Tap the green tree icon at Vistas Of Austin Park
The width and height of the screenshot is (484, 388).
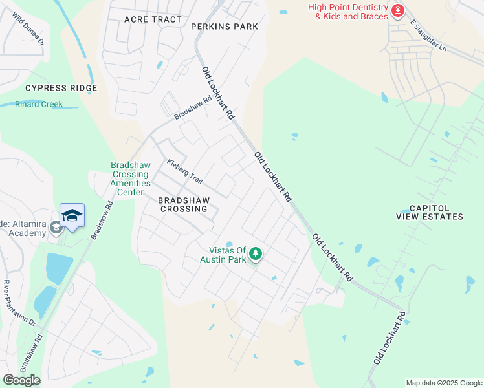pyautogui.click(x=256, y=253)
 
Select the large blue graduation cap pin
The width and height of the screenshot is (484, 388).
pyautogui.click(x=72, y=217)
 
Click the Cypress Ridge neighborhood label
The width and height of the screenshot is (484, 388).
pyautogui.click(x=61, y=88)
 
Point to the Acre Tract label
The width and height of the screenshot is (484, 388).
pyautogui.click(x=153, y=19)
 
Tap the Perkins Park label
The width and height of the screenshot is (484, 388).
pyautogui.click(x=225, y=27)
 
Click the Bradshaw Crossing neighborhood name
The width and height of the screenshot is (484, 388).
pyautogui.click(x=183, y=204)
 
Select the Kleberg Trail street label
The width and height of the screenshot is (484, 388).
pyautogui.click(x=185, y=171)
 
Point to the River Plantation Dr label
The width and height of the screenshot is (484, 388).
pyautogui.click(x=19, y=302)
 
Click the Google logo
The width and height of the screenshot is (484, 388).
pyautogui.click(x=21, y=380)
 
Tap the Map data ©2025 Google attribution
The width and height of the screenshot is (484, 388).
pyautogui.click(x=443, y=383)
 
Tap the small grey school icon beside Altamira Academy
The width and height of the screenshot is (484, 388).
pyautogui.click(x=56, y=228)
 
